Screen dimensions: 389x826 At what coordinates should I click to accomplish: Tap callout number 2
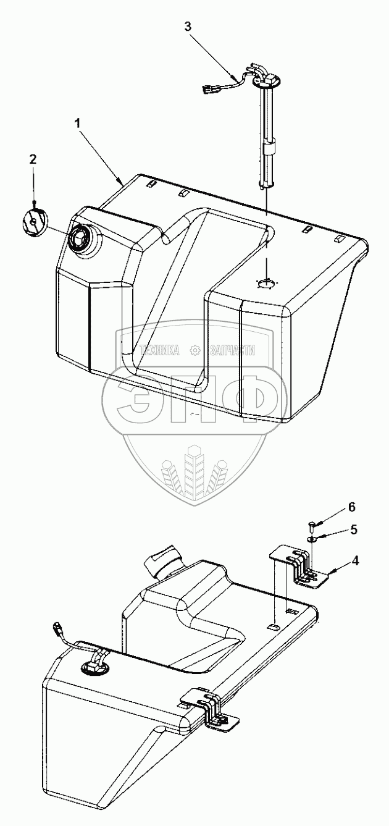click(x=33, y=159)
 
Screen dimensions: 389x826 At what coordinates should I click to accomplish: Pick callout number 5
click(x=353, y=529)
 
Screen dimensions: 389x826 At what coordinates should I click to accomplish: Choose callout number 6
click(x=352, y=507)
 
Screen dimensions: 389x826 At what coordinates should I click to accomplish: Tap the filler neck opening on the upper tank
click(x=80, y=237)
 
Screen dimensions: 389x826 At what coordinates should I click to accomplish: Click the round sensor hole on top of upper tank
click(x=267, y=282)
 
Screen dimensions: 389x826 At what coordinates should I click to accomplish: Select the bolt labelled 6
click(x=312, y=526)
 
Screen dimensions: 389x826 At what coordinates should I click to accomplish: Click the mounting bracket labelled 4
click(x=303, y=565)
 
